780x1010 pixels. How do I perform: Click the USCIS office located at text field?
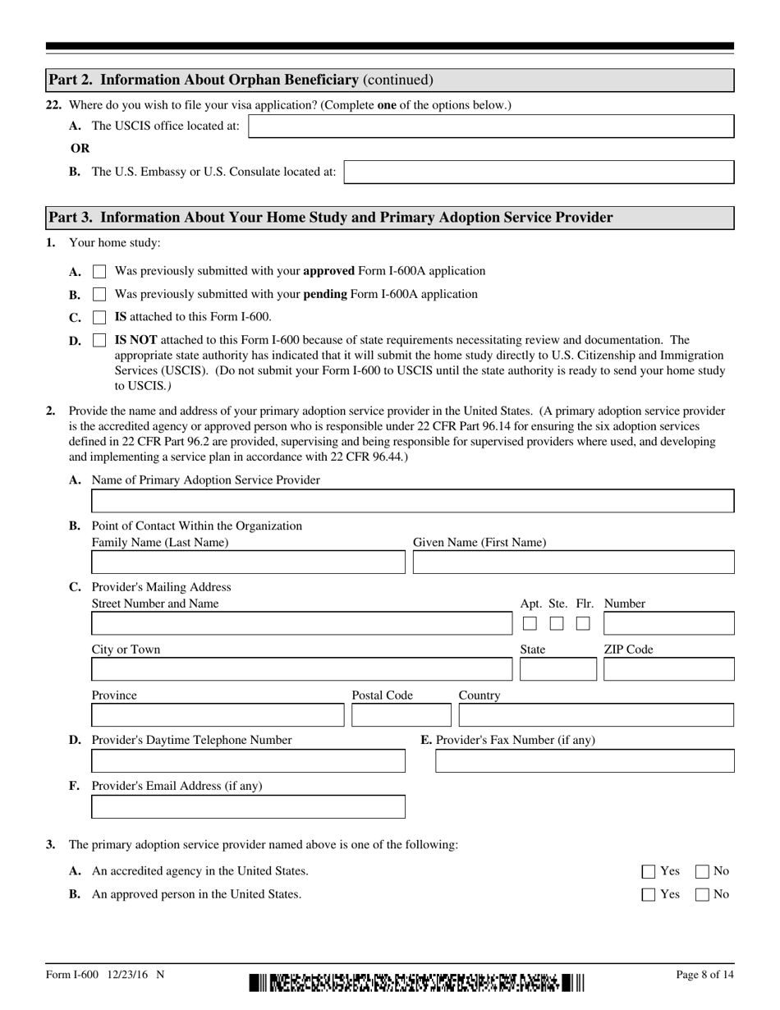click(490, 126)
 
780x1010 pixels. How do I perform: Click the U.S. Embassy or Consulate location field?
click(539, 172)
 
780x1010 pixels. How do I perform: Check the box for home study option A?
click(99, 271)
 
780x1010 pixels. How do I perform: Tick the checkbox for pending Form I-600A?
click(99, 294)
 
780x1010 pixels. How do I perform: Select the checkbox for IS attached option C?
click(99, 317)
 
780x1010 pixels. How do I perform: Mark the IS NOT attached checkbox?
click(99, 340)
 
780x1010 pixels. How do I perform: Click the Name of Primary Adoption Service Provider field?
click(412, 501)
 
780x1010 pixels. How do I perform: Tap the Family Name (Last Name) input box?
click(248, 562)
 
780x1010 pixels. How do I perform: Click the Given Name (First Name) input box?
click(573, 562)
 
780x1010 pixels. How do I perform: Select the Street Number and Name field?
click(301, 624)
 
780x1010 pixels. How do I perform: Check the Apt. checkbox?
click(530, 624)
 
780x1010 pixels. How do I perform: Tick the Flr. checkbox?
click(583, 624)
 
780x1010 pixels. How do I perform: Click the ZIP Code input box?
click(668, 670)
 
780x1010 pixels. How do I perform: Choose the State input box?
click(557, 670)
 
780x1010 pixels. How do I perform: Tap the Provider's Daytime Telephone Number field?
click(248, 761)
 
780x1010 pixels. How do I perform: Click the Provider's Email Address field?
click(248, 807)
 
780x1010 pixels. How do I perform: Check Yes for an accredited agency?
click(649, 872)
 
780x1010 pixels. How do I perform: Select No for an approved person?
click(703, 895)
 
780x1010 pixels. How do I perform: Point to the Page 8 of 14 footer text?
click(704, 975)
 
